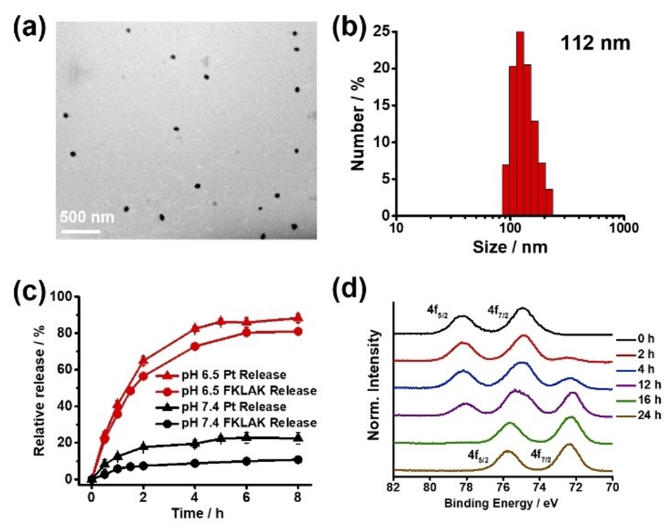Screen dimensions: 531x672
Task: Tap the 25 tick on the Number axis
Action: coord(379,32)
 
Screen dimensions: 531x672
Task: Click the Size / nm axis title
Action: coord(509,248)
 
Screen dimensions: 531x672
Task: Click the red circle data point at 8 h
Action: coord(298,331)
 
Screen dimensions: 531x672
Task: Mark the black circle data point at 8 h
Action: coord(298,460)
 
